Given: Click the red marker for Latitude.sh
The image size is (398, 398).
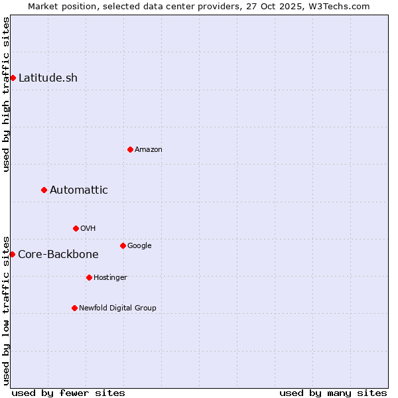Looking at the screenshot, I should click(x=13, y=78).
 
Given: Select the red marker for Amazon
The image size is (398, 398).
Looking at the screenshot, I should click(x=130, y=149).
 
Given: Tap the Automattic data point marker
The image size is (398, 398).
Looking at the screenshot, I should click(x=44, y=190).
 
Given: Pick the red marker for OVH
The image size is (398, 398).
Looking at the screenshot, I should click(x=76, y=228).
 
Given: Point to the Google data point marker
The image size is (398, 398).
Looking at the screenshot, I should click(x=123, y=245).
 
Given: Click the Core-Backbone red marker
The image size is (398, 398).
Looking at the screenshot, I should click(x=12, y=254).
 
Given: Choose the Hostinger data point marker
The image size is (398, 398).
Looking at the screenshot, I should click(x=89, y=277).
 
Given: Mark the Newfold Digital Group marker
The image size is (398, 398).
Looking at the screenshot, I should click(x=74, y=308).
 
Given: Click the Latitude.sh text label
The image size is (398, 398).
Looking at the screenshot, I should click(x=48, y=78).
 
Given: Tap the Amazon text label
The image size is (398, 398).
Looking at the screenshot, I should click(x=149, y=149).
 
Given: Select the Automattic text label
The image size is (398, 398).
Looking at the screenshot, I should click(x=79, y=190).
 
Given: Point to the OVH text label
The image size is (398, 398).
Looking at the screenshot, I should click(x=88, y=228).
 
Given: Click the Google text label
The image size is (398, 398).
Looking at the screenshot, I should click(x=139, y=245).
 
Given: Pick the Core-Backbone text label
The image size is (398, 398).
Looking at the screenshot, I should click(x=58, y=254).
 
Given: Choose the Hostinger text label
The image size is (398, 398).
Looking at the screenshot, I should click(x=110, y=277).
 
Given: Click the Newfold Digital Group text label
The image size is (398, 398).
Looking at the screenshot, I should click(x=117, y=308).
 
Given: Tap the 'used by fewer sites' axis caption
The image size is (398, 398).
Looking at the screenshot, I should click(x=68, y=393).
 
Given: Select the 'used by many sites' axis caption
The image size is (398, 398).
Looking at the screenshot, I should click(x=333, y=393).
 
